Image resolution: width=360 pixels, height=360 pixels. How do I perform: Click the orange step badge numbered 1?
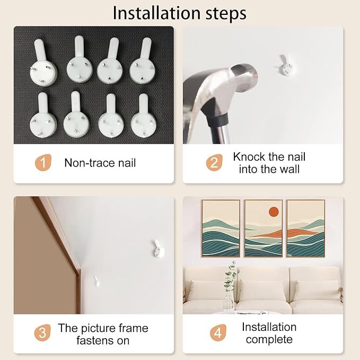[x=43, y=163]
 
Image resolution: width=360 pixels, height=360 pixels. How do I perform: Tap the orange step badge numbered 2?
[x=214, y=163]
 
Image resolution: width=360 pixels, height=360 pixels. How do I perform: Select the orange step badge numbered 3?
[x=42, y=332]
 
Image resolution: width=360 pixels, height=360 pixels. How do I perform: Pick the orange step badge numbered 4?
[x=218, y=332]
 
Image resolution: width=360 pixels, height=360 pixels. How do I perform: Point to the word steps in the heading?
[x=226, y=14]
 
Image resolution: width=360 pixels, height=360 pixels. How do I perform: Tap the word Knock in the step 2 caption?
[x=249, y=157]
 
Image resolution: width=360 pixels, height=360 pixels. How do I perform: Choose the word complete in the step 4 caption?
[x=269, y=339]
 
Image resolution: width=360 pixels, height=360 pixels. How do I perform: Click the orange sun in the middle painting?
[x=274, y=212]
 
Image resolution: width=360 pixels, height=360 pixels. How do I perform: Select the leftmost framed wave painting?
[x=221, y=229]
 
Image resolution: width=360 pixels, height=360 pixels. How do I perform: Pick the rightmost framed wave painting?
[x=305, y=229]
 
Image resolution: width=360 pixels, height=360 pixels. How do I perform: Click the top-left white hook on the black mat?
[x=43, y=63]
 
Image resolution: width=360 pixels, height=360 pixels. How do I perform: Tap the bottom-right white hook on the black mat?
[x=144, y=116]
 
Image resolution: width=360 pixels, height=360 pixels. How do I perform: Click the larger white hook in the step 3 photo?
[x=159, y=249]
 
